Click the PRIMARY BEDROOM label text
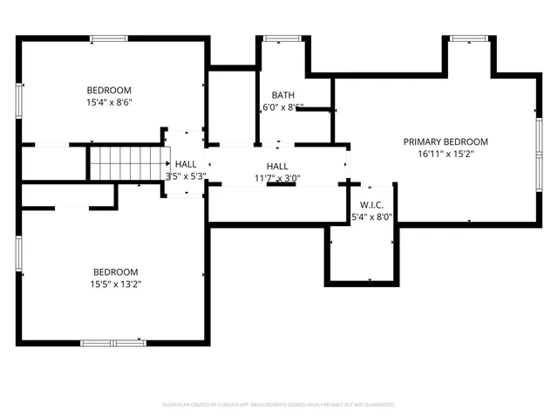pyautogui.click(x=445, y=141)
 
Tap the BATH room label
pyautogui.click(x=282, y=95)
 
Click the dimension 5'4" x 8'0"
pyautogui.click(x=371, y=217)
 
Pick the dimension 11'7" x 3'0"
pyautogui.click(x=277, y=178)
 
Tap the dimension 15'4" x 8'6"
pyautogui.click(x=109, y=103)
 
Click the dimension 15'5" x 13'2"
pyautogui.click(x=116, y=284)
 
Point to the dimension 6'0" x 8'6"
pyautogui.click(x=283, y=107)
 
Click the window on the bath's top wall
pyautogui.click(x=279, y=38)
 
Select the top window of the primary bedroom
pyautogui.click(x=468, y=38)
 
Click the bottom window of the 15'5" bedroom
pyautogui.click(x=112, y=342)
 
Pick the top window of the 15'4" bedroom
pyautogui.click(x=108, y=38)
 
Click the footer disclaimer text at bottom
pyautogui.click(x=279, y=405)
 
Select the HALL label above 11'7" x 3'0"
pyautogui.click(x=277, y=166)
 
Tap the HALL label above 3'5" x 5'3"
pyautogui.click(x=186, y=163)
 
